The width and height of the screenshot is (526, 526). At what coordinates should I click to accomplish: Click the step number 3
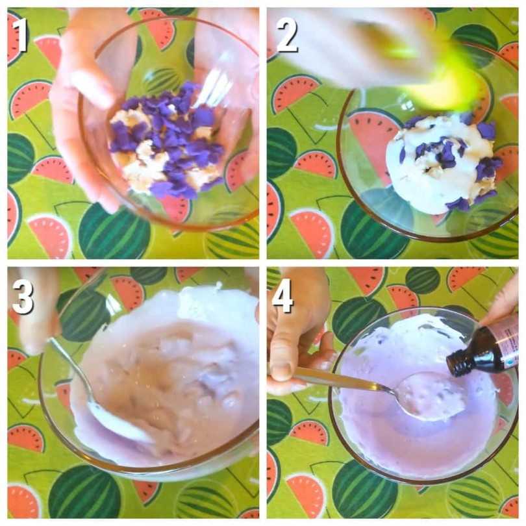(23, 297)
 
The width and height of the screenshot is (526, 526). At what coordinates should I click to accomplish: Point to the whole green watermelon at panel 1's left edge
(19, 158)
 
